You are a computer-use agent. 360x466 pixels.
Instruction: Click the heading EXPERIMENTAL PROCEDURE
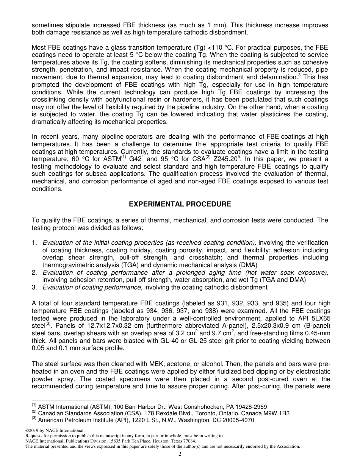pos(180,204)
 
